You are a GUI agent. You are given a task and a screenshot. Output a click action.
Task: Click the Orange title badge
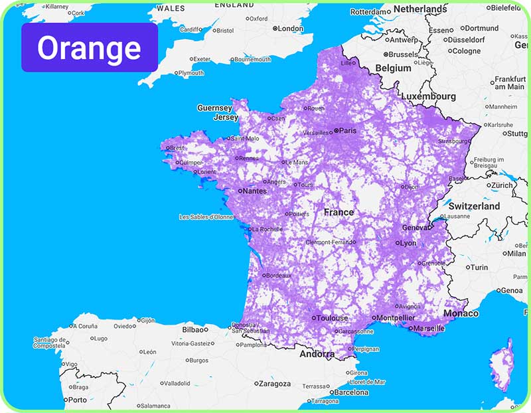(x=89, y=48)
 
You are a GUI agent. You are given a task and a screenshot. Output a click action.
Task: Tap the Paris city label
(x=347, y=131)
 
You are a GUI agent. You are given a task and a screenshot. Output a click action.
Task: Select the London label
(x=290, y=29)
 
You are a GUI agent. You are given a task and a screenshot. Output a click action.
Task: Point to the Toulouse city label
(x=331, y=318)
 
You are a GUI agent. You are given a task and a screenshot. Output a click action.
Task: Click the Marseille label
(x=430, y=328)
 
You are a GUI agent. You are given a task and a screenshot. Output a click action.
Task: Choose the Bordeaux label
(x=279, y=276)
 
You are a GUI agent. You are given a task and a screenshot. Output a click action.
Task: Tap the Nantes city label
(x=255, y=191)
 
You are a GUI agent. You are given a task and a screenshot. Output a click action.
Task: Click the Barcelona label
(x=351, y=392)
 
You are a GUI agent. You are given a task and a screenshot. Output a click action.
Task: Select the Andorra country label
(x=317, y=354)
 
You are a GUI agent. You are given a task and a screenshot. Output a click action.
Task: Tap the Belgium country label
(x=393, y=68)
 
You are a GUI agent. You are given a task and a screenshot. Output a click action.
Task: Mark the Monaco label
(x=460, y=313)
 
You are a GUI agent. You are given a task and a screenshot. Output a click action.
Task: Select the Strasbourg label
(x=453, y=141)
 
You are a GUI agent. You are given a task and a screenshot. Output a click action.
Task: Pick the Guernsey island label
(x=214, y=108)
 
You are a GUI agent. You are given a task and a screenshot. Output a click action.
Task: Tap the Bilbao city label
(x=195, y=329)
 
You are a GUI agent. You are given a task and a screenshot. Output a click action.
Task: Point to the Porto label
(x=77, y=400)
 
